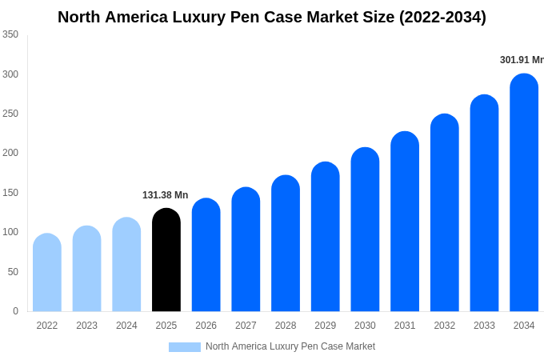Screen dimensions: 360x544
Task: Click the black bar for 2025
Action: (166, 260)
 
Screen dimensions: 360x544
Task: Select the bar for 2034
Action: (524, 193)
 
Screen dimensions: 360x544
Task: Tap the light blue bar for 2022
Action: (47, 273)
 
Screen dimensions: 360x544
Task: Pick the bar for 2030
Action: (365, 230)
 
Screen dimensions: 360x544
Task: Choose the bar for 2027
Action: (246, 250)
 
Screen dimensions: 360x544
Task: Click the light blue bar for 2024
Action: (126, 265)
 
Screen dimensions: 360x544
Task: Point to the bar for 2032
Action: (445, 213)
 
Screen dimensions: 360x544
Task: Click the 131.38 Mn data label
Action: (165, 195)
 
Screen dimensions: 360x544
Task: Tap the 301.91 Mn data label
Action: (521, 60)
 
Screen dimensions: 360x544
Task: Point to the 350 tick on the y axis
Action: (10, 34)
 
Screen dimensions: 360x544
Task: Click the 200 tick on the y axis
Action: (10, 153)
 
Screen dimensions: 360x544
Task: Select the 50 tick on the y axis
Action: (13, 272)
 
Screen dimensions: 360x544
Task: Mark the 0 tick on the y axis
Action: (15, 311)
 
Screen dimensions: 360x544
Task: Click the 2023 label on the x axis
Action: (86, 326)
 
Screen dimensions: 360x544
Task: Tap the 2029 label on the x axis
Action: (325, 326)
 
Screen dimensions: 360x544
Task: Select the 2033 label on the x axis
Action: (484, 326)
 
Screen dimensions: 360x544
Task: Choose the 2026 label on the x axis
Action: (206, 326)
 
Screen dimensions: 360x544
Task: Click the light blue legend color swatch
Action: (184, 347)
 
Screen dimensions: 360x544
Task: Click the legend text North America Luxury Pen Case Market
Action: (290, 346)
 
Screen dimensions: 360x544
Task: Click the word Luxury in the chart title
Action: (216, 17)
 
